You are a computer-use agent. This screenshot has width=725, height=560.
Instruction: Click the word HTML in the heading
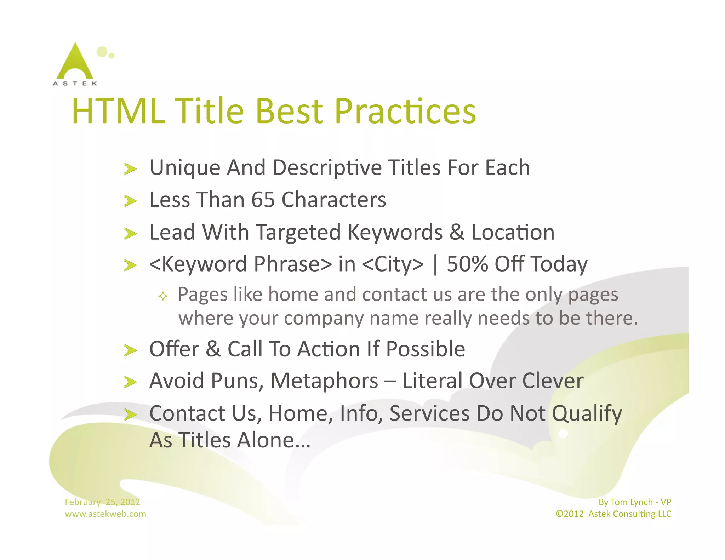118,111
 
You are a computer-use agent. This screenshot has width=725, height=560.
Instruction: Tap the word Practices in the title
405,111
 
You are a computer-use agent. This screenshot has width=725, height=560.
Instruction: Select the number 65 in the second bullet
263,200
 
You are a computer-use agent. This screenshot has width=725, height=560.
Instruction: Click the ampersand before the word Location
457,232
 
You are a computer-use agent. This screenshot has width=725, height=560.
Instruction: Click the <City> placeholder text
393,264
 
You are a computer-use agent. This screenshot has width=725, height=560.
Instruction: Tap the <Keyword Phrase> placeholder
241,264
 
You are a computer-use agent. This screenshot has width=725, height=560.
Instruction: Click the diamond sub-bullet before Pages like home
163,296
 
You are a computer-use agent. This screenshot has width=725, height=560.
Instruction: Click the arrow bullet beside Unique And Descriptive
131,169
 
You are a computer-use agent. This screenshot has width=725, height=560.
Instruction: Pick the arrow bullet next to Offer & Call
131,350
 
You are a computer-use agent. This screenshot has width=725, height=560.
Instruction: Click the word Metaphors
324,381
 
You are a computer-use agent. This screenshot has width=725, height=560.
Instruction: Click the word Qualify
587,413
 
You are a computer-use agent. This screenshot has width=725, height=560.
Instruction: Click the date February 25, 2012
102,502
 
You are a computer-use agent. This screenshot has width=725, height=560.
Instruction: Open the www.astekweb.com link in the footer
105,514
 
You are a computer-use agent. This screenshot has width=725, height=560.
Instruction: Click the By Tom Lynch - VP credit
634,502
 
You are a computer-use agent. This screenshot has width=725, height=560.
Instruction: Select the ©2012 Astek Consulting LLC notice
613,514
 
